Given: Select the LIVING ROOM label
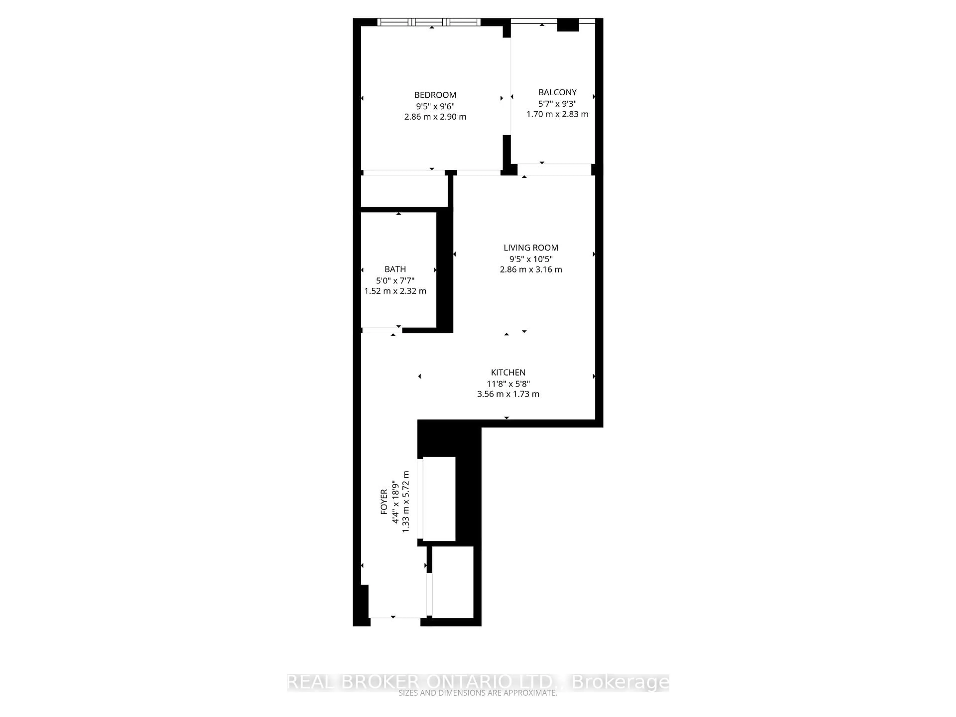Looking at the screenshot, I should [531, 248].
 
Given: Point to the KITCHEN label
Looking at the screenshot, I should [508, 372].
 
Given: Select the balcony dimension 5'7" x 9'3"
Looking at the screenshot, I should [557, 104].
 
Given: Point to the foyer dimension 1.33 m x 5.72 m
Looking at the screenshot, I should [405, 501].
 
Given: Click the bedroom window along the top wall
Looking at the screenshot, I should [429, 22].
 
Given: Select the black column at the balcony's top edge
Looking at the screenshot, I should [567, 25].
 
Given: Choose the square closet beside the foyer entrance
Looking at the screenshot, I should [453, 582].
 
